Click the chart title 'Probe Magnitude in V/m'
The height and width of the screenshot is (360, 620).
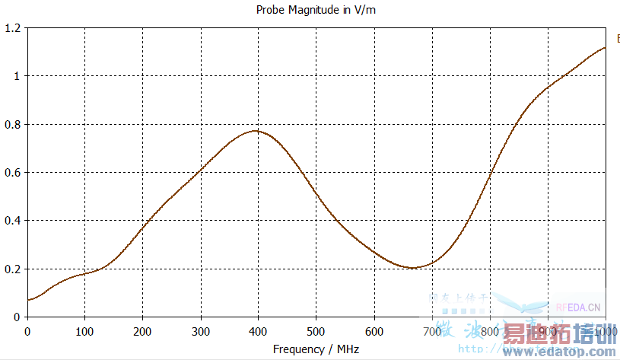coord(310,11)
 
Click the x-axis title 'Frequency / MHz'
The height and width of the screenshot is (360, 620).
coord(316,349)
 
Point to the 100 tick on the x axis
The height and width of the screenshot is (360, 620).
coord(85,331)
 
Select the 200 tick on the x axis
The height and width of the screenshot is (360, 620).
coord(143,331)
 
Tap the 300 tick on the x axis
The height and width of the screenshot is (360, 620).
coord(201,331)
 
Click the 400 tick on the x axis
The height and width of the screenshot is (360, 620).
coord(259,331)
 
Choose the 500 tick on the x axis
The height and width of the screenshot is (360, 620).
coord(316,331)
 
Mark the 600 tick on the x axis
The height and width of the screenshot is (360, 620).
coord(374,331)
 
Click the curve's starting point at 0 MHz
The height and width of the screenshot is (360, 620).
coord(28,300)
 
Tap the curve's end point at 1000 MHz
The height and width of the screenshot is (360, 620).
coord(606,47)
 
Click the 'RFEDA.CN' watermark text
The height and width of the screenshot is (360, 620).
coord(578,308)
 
